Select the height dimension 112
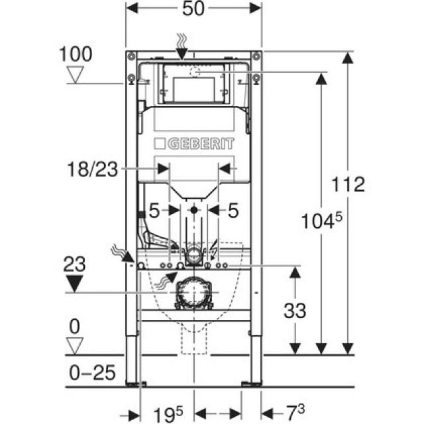349,184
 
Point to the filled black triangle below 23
77,285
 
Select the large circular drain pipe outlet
193,291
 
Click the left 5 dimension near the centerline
154,211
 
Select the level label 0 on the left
77,327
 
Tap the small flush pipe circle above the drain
193,253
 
